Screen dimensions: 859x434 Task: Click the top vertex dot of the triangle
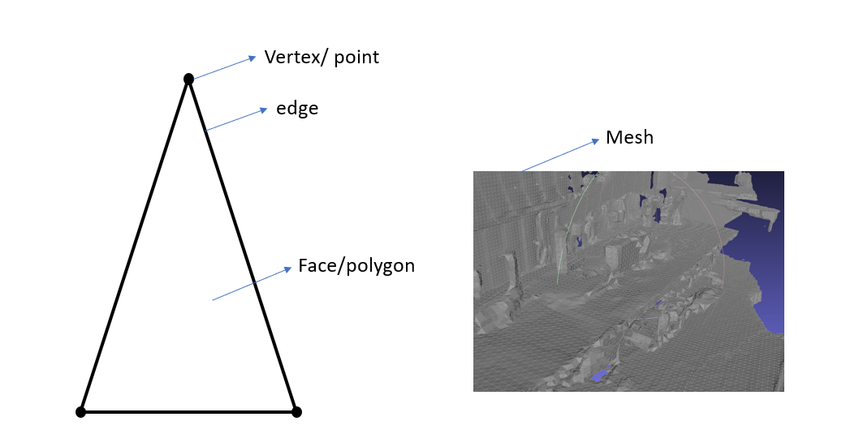click(x=188, y=79)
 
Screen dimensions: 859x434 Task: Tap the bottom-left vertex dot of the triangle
click(x=80, y=412)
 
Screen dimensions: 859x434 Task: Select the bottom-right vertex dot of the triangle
click(x=296, y=412)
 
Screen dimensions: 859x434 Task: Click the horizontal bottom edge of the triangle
click(x=188, y=412)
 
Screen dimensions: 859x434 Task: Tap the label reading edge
click(x=297, y=108)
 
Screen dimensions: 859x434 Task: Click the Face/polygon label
click(x=356, y=265)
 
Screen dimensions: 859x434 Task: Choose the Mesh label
click(x=629, y=138)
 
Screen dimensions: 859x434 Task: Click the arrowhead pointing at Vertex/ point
click(x=253, y=58)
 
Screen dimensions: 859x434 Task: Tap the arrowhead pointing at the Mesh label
click(x=595, y=141)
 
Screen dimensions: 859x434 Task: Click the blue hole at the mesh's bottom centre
click(x=599, y=375)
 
